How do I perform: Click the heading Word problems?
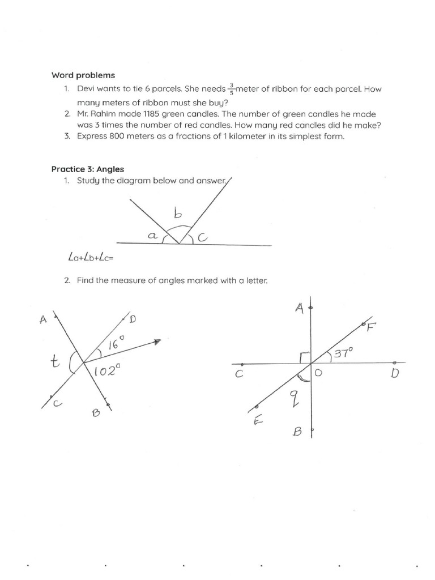click(x=83, y=75)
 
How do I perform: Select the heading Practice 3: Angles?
click(x=87, y=169)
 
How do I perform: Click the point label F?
click(x=372, y=328)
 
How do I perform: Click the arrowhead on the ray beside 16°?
click(x=157, y=342)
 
